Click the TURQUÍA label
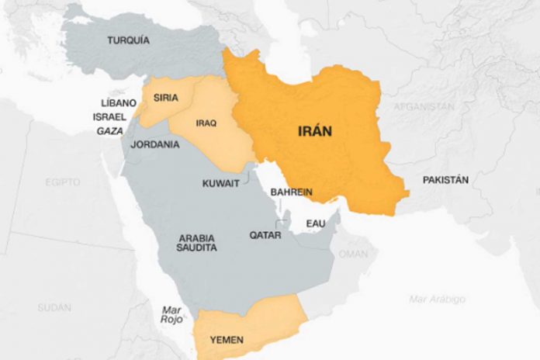coord(128,40)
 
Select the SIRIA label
coord(167,98)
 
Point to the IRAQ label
coord(206,123)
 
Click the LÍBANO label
coord(119,102)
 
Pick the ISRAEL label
coord(109,117)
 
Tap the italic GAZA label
coord(109,131)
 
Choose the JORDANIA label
coord(155,144)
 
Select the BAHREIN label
coord(291,192)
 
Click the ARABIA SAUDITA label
coord(197,242)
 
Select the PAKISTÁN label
coord(445,180)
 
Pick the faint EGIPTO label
coord(62,181)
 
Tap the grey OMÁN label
coord(353,254)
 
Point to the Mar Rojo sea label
coord(171,314)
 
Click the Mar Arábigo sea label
coord(437,298)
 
